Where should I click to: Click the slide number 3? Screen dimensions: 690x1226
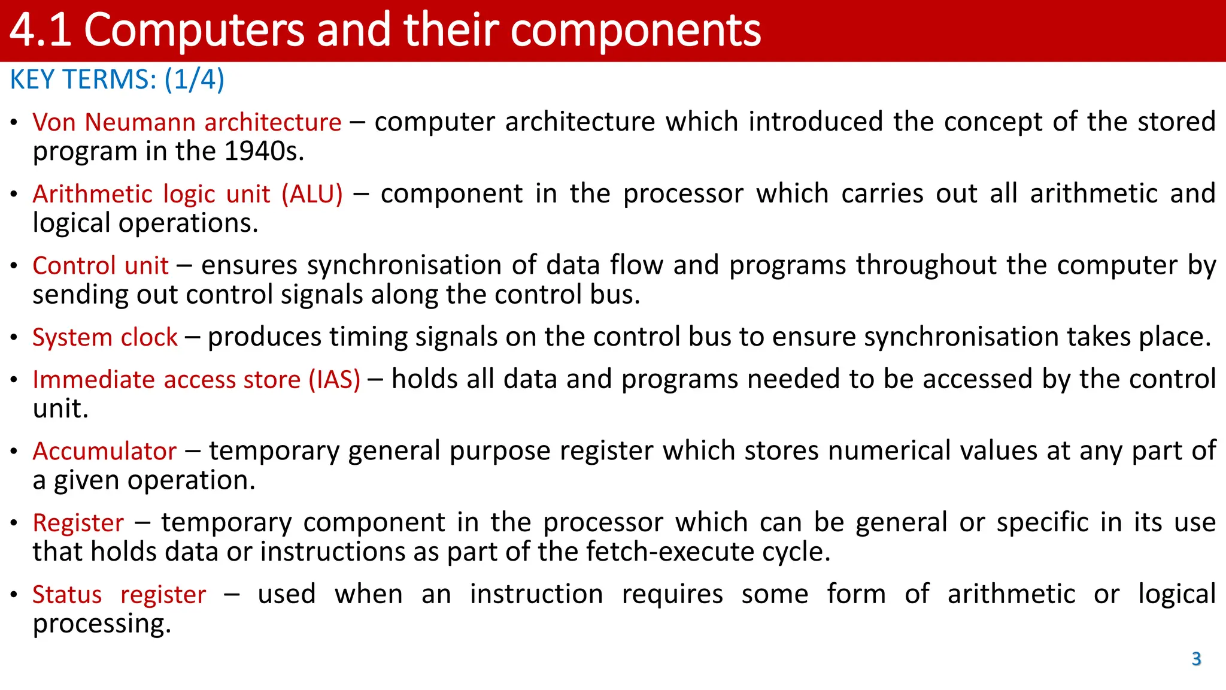tap(1196, 659)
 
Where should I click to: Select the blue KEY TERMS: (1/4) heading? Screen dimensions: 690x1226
tap(117, 80)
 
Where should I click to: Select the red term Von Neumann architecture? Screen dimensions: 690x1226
tap(187, 122)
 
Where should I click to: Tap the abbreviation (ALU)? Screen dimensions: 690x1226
tap(312, 194)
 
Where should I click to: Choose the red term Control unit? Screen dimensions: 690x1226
tap(101, 266)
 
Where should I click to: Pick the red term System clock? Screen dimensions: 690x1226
tap(105, 338)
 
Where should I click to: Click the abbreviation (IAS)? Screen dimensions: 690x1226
tap(334, 380)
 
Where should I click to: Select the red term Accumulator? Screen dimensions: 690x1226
tap(105, 452)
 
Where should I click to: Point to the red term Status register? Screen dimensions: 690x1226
tap(119, 595)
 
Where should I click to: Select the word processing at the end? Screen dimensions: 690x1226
tap(102, 624)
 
